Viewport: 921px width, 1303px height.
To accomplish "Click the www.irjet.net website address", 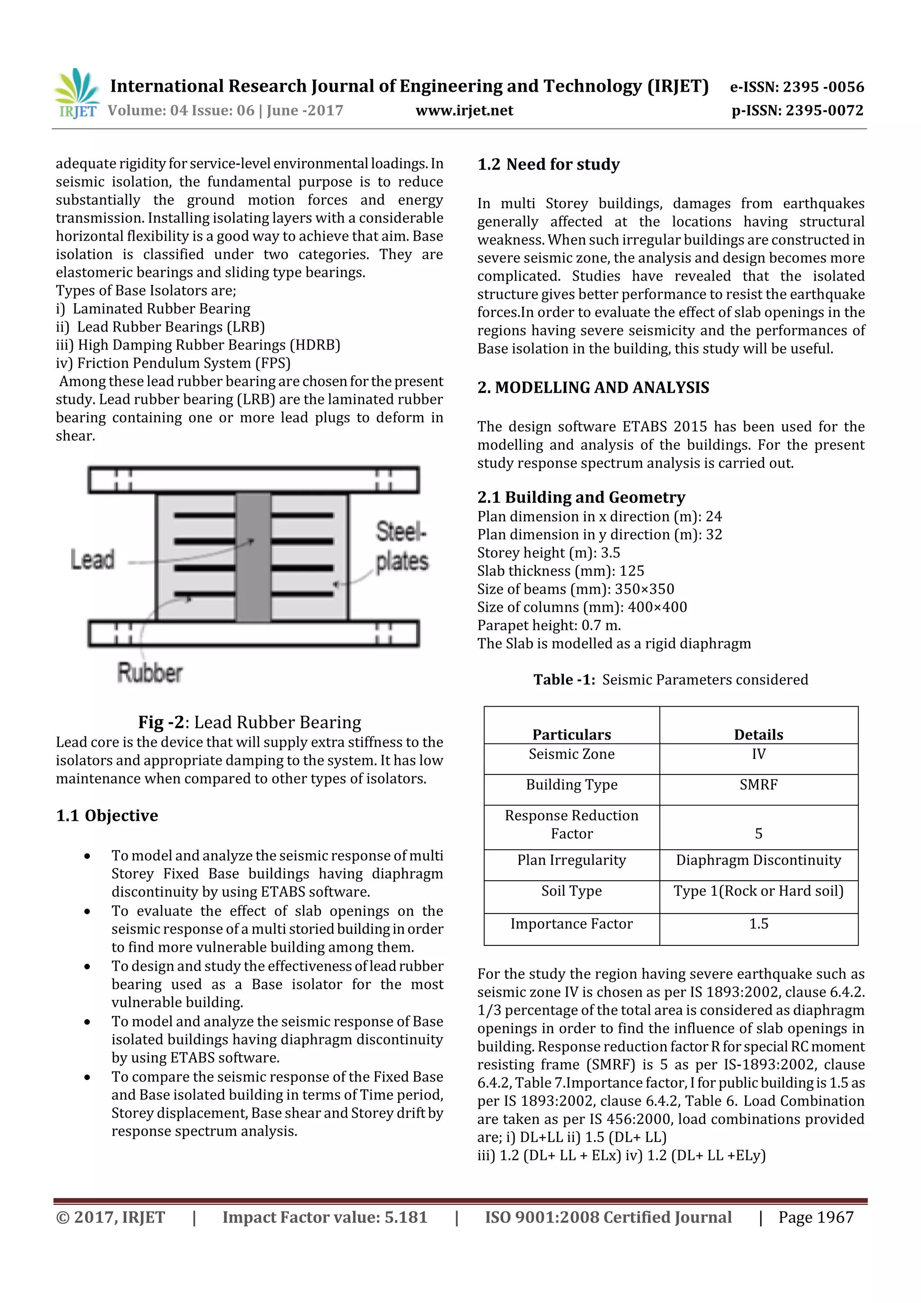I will point(464,111).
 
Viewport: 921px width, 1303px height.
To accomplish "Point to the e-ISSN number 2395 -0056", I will point(797,87).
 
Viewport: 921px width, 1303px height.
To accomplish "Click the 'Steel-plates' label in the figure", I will point(401,546).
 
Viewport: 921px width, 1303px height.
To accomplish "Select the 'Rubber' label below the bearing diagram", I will point(150,672).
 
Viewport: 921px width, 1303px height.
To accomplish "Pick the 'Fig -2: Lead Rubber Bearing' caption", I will point(250,722).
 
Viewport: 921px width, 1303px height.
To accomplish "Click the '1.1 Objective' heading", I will point(107,815).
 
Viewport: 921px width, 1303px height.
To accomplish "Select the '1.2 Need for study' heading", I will point(548,165).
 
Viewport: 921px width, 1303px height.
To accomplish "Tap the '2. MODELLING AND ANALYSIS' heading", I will point(593,388).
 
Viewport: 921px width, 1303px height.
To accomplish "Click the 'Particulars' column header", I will point(572,734).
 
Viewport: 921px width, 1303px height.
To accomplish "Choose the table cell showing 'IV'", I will point(758,754).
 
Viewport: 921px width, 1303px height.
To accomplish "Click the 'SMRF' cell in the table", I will point(758,785).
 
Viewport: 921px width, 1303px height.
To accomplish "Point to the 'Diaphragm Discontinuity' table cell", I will point(758,860).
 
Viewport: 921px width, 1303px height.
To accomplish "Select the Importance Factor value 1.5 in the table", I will point(758,924).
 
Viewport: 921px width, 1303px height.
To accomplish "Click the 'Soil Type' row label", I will point(572,891).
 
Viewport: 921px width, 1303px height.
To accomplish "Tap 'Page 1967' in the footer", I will point(815,1217).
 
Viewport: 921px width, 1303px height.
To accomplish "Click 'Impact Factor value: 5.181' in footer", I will point(325,1217).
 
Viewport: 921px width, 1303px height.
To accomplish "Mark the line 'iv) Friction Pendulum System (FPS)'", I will point(173,363).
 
